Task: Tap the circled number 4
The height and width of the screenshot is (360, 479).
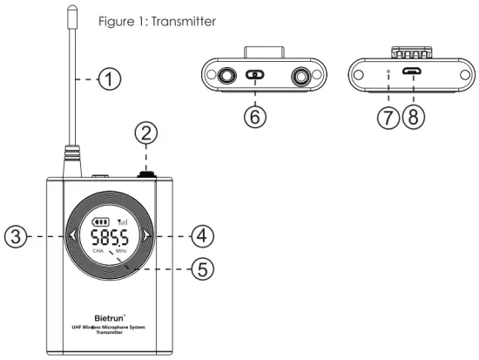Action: (202, 234)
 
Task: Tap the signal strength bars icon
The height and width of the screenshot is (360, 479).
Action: (121, 221)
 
